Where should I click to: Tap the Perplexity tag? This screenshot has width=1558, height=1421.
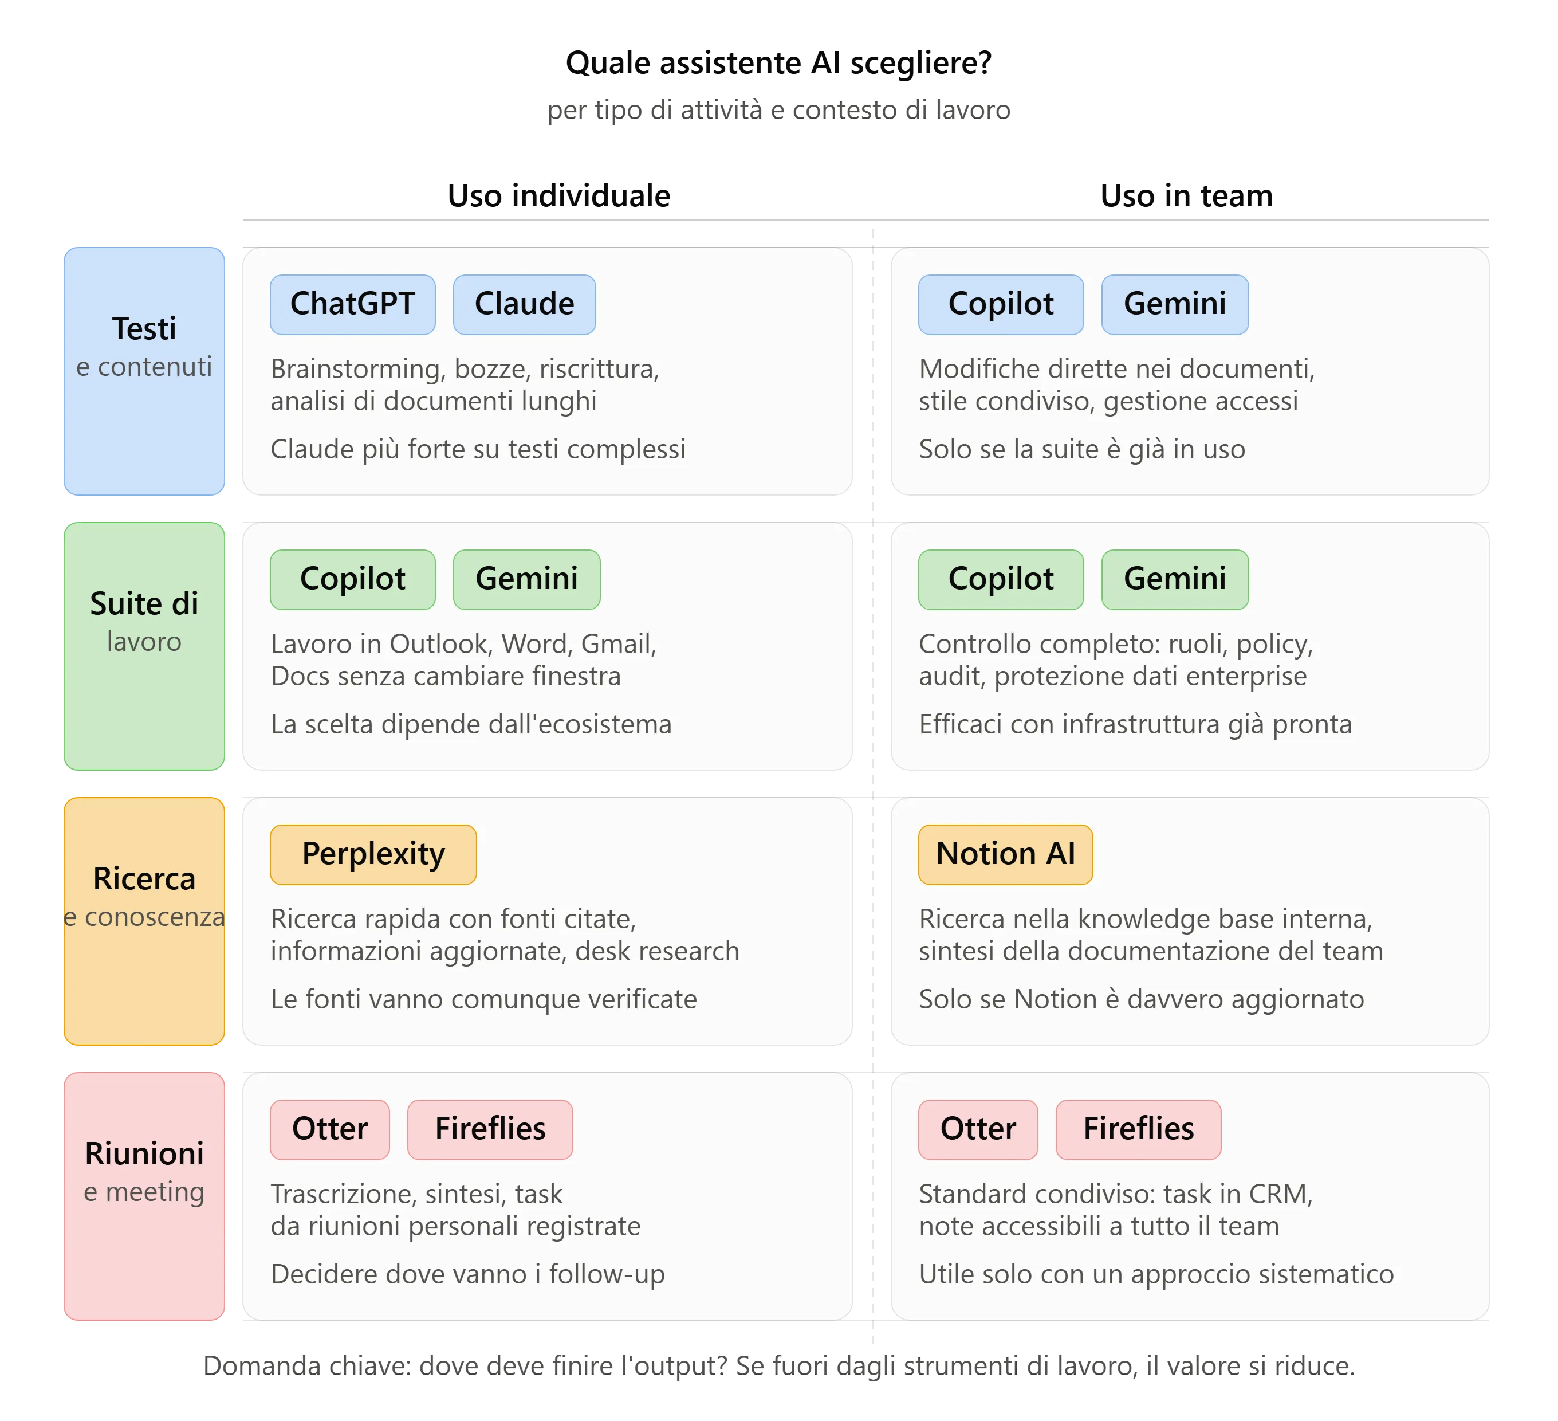click(x=373, y=854)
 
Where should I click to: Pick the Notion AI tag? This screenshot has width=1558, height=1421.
click(x=1005, y=854)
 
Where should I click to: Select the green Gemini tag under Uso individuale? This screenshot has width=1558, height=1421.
click(x=526, y=580)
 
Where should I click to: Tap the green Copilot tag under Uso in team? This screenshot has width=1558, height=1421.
click(x=1001, y=580)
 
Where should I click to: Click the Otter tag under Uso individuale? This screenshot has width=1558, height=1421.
click(x=330, y=1129)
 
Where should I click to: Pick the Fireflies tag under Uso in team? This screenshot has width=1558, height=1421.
click(x=1138, y=1129)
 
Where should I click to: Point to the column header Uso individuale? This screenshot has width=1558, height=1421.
click(x=558, y=197)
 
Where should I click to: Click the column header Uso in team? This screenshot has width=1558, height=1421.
click(x=1186, y=197)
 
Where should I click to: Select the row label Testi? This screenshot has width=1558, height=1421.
click(x=144, y=329)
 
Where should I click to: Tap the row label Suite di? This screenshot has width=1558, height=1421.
click(x=144, y=604)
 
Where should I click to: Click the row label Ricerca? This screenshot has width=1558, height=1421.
click(x=144, y=879)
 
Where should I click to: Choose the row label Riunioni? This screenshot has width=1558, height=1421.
click(x=144, y=1153)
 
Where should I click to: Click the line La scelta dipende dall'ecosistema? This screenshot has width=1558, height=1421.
click(x=471, y=724)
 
